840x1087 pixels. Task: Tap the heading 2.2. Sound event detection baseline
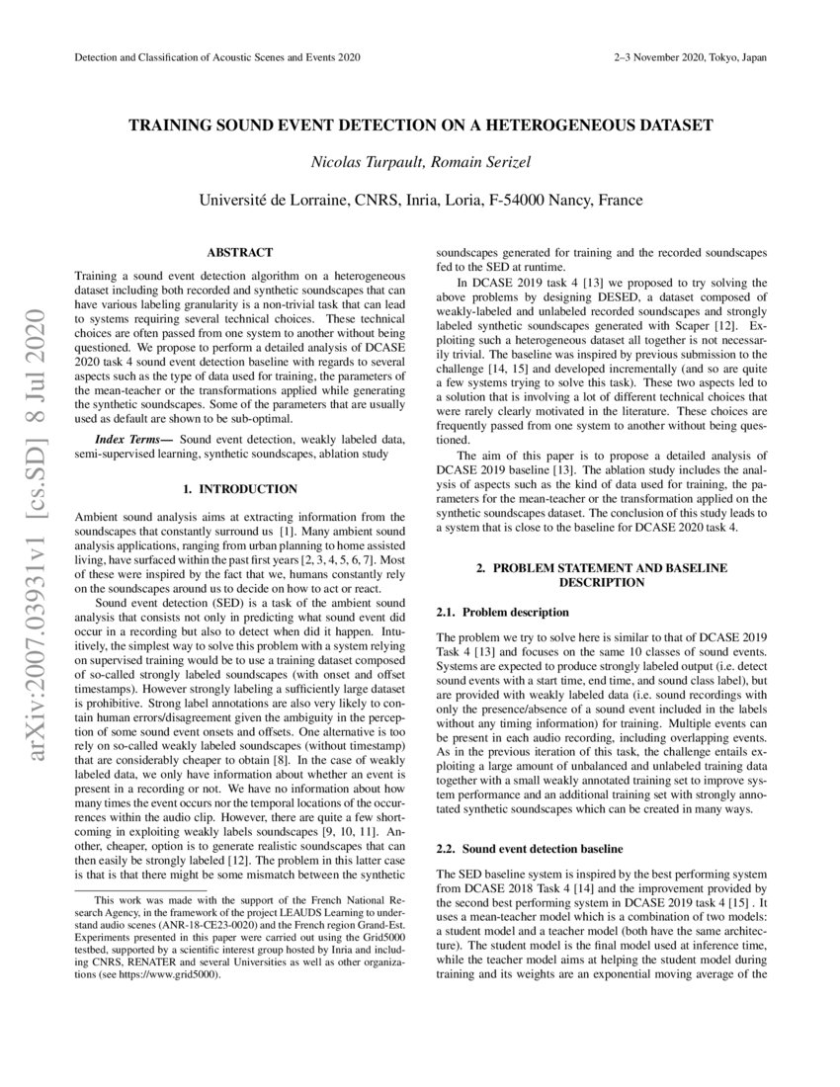tap(530, 849)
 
